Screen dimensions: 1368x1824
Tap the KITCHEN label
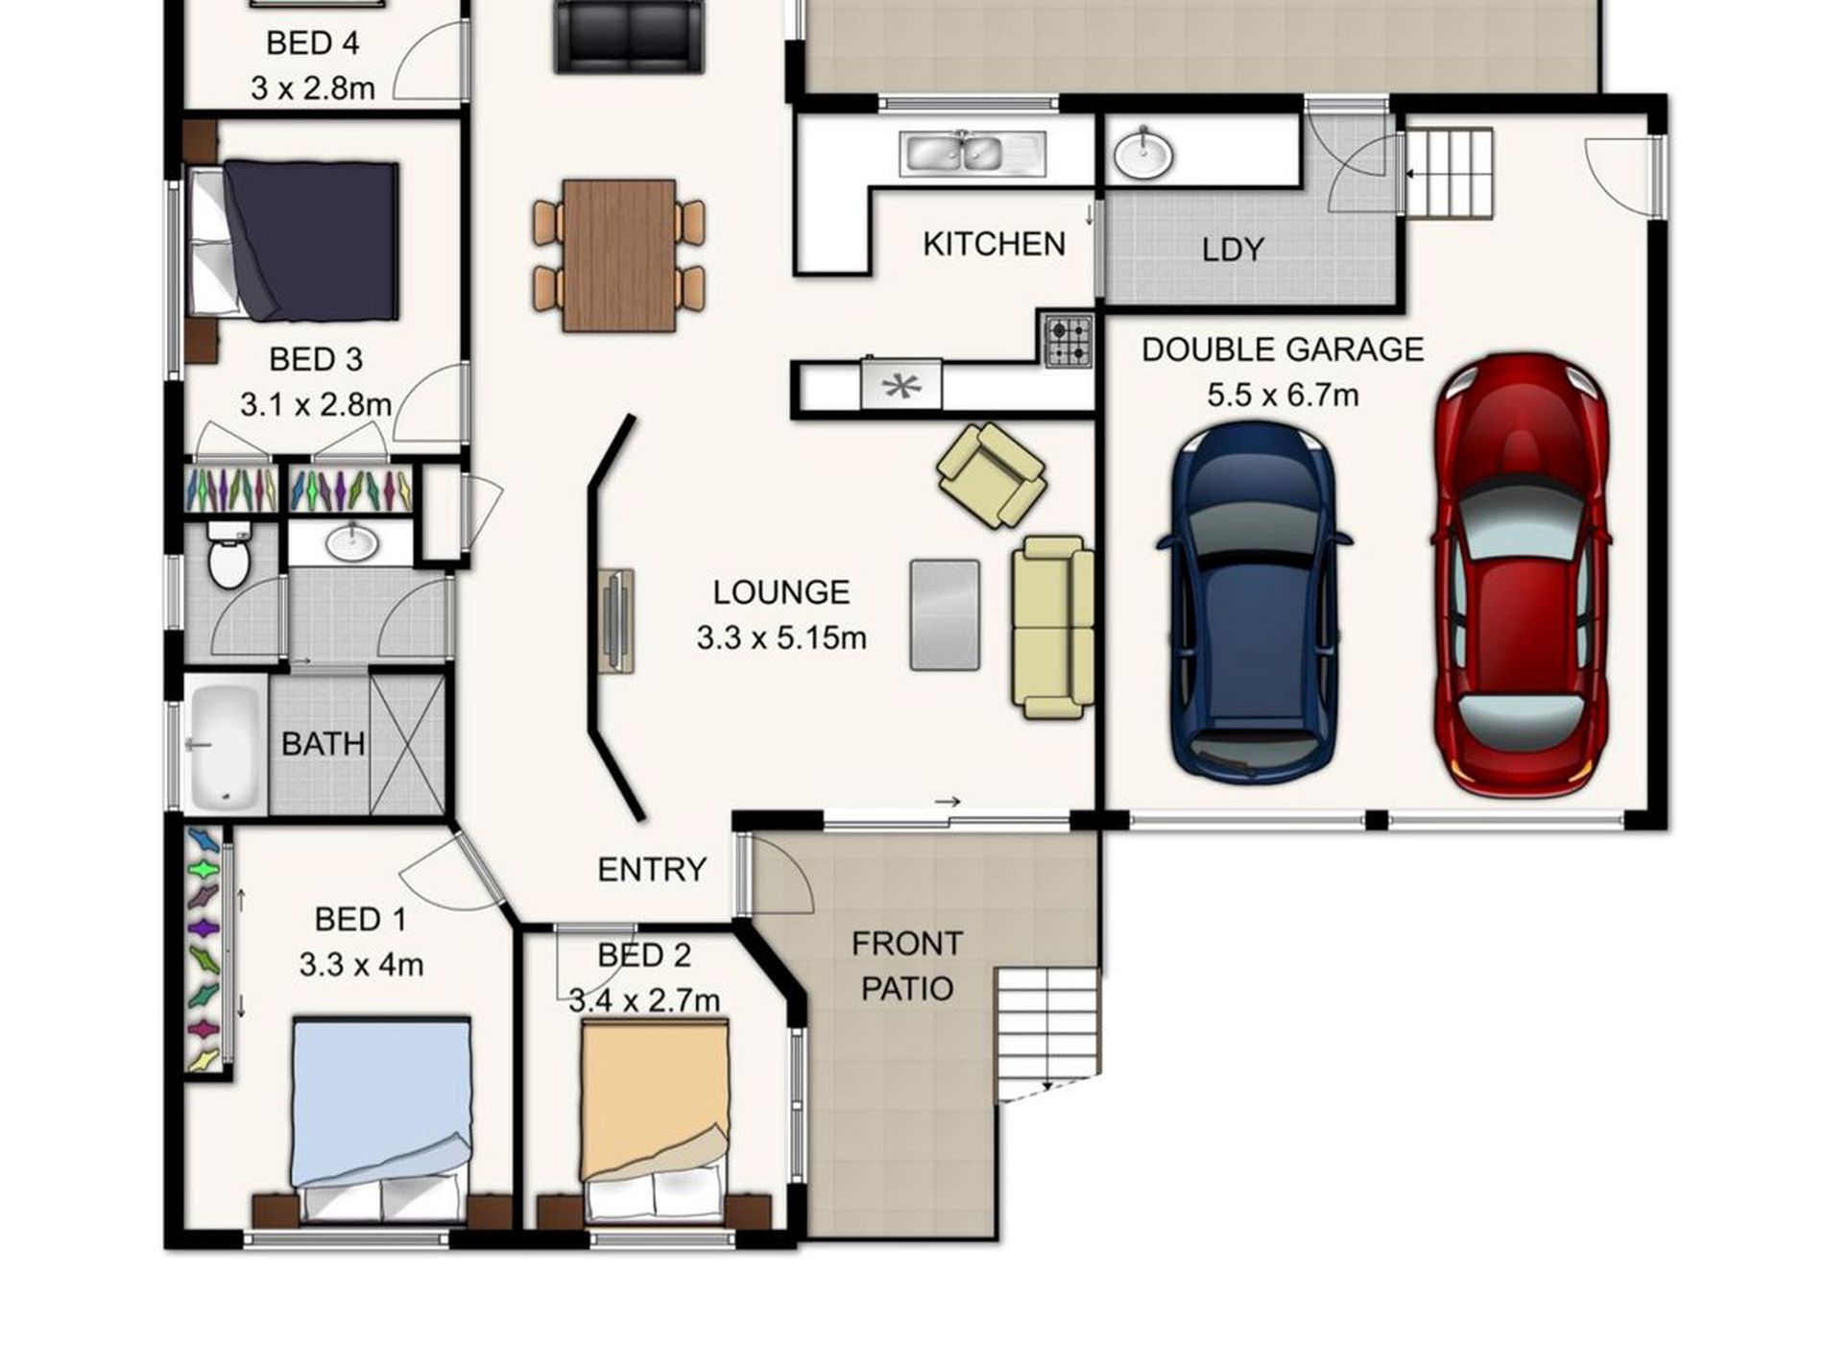tap(994, 245)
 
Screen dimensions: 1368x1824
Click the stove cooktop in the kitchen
tap(1068, 341)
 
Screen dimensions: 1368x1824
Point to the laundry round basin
tap(1143, 154)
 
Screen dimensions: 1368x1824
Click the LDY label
tap(1233, 251)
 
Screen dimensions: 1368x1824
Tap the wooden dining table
tap(619, 255)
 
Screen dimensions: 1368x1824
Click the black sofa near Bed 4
tap(628, 36)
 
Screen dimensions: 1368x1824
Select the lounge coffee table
tap(945, 614)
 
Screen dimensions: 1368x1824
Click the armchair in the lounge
tap(992, 474)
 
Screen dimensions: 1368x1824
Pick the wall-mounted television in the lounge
tap(615, 620)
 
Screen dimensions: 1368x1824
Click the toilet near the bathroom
tap(228, 557)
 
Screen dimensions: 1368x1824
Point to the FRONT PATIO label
tap(906, 966)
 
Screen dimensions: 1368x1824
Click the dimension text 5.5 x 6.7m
tap(1282, 396)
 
